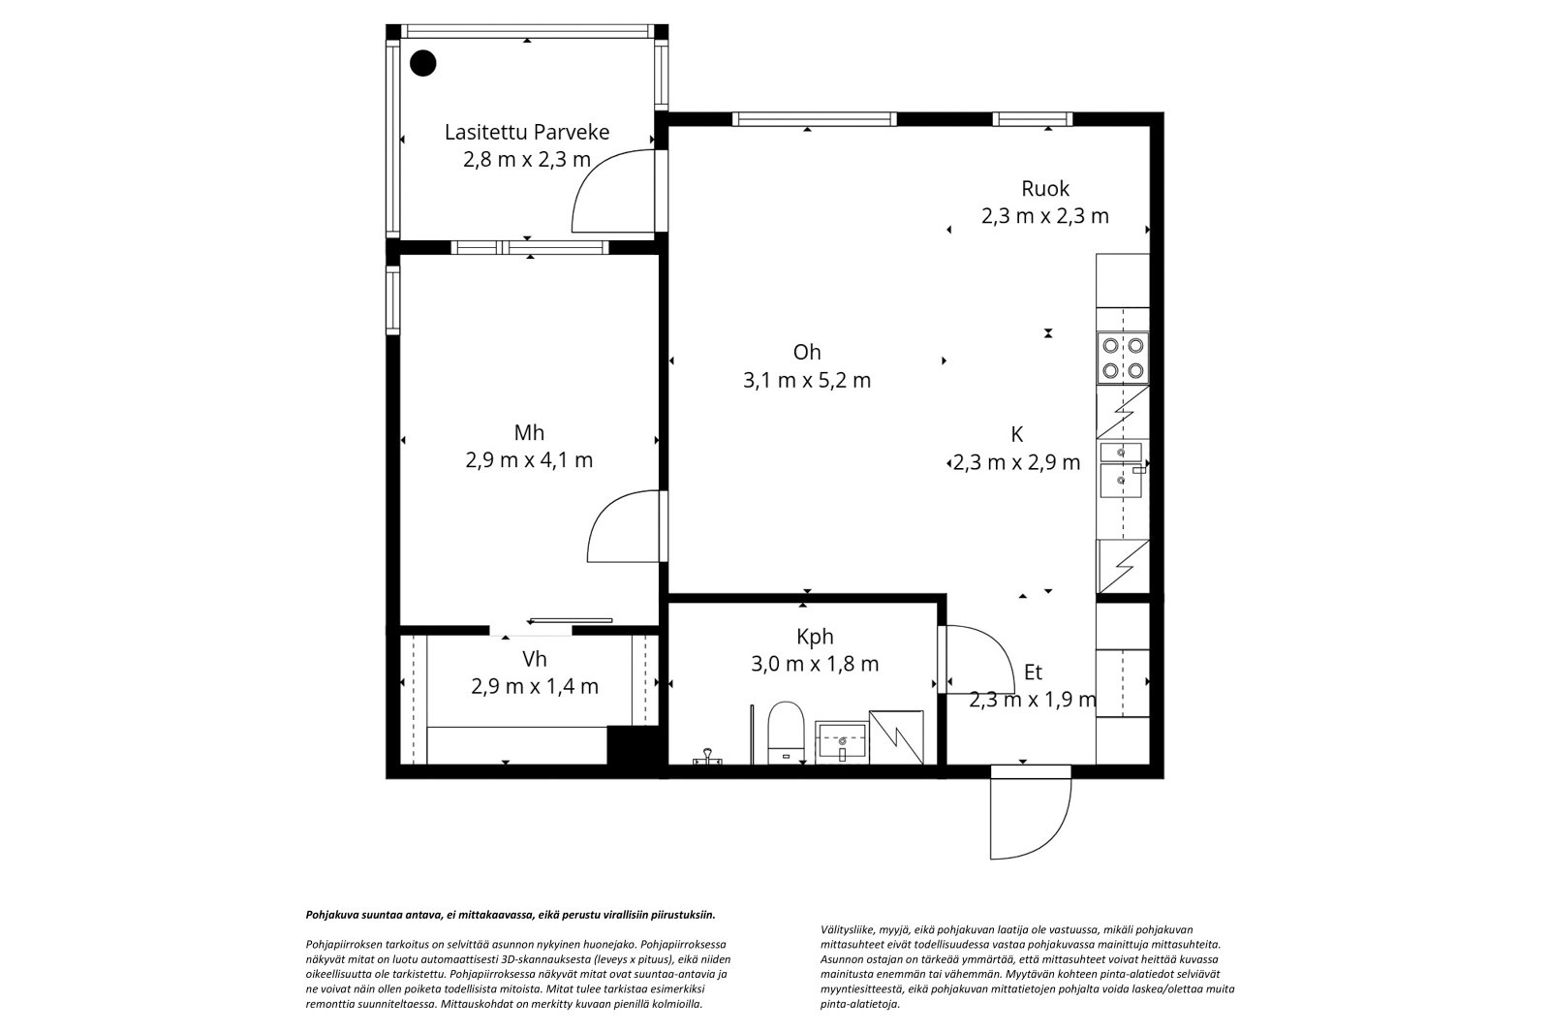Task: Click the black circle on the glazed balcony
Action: click(x=422, y=63)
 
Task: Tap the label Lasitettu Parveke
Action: click(x=527, y=132)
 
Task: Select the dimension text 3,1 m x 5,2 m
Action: click(x=807, y=380)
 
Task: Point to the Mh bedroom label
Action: click(x=529, y=433)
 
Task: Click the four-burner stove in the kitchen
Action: click(x=1123, y=358)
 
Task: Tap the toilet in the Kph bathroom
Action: click(x=786, y=733)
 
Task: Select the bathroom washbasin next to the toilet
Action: click(x=842, y=742)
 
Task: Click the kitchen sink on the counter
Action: click(x=1121, y=470)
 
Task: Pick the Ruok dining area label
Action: click(x=1045, y=188)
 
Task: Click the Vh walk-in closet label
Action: click(x=534, y=659)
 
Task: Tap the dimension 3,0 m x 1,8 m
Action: click(x=815, y=664)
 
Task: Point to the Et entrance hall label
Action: click(x=1033, y=672)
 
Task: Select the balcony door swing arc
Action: click(x=613, y=190)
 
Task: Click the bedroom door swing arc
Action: click(x=624, y=526)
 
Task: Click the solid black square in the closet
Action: click(x=632, y=745)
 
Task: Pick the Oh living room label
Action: click(x=807, y=353)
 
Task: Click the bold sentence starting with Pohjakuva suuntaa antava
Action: click(x=511, y=915)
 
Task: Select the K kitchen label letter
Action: click(x=1016, y=434)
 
